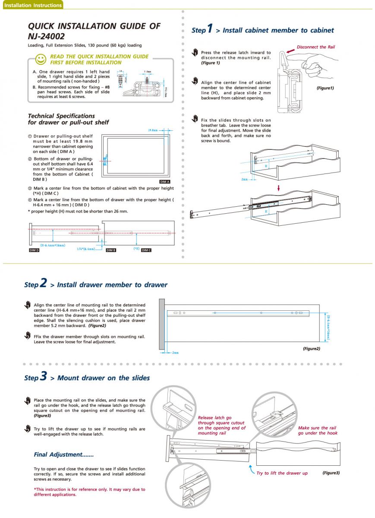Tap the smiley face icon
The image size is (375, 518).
point(41,59)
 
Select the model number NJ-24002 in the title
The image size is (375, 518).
point(46,37)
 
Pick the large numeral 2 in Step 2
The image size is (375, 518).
point(43,283)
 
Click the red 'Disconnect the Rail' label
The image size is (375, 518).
point(315,47)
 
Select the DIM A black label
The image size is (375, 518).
point(164,182)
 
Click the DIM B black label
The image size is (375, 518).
point(111,250)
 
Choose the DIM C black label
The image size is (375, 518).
point(146,250)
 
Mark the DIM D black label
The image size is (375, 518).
point(34,250)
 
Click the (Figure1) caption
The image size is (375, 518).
point(325,88)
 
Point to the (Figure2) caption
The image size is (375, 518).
point(311,348)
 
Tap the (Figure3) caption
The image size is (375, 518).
point(331,473)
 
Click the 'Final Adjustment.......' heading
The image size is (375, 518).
point(63,455)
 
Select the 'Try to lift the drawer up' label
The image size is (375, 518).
point(282,473)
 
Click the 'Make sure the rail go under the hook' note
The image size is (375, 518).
point(318,430)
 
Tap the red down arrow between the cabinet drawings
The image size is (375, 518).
point(279,188)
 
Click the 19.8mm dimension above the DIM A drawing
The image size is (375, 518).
point(152,130)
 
